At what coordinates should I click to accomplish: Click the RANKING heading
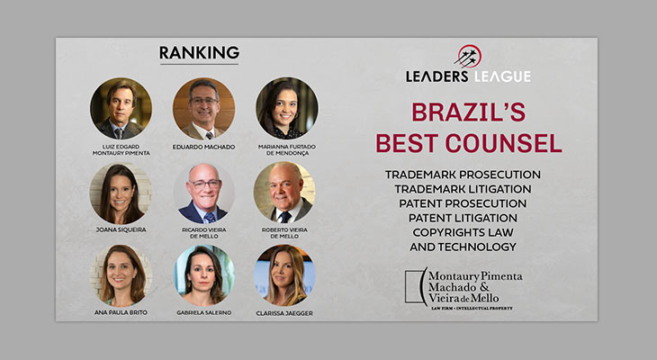(x=199, y=53)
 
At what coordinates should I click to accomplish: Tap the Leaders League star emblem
(x=468, y=57)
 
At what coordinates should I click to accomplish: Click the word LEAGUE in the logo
(x=502, y=76)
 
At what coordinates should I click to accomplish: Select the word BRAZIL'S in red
(x=468, y=112)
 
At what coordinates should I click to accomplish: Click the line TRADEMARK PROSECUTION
(x=463, y=175)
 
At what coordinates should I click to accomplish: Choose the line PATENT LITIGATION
(x=463, y=218)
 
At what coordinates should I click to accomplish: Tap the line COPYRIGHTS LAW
(x=463, y=232)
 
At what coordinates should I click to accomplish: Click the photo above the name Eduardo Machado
(x=203, y=109)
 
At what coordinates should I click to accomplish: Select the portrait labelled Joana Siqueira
(x=121, y=193)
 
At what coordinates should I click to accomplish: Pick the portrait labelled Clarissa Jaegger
(x=284, y=275)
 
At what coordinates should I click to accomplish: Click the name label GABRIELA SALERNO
(x=204, y=312)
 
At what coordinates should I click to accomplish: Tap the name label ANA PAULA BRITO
(x=121, y=312)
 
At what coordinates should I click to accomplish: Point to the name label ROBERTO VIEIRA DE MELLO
(x=284, y=233)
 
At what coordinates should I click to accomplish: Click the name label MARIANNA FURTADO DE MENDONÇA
(x=287, y=150)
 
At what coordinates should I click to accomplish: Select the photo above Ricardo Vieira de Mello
(x=204, y=193)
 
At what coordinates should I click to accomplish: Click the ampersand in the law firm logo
(x=484, y=287)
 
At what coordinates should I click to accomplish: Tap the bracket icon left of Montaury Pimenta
(x=416, y=287)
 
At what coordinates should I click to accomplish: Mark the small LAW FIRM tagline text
(x=472, y=309)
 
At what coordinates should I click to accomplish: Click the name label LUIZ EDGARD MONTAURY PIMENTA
(x=121, y=150)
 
